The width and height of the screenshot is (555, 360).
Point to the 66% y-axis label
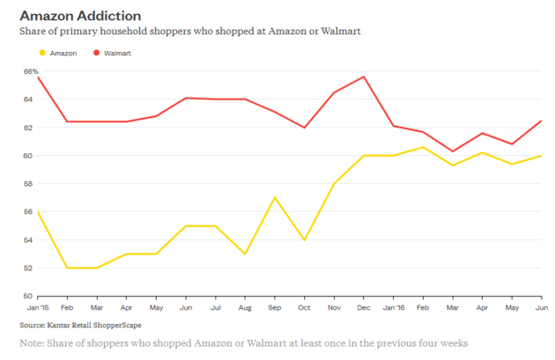coord(31,71)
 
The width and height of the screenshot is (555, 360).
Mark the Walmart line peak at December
coord(363,77)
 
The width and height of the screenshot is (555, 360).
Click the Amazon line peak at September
coord(274,197)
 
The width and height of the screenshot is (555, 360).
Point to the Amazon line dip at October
coord(304,239)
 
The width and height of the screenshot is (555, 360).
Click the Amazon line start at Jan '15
coord(37,211)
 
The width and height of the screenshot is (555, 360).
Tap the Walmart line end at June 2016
coord(541,121)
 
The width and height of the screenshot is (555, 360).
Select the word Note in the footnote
coord(32,342)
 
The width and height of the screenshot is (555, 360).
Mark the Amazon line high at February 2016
coord(422,147)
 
